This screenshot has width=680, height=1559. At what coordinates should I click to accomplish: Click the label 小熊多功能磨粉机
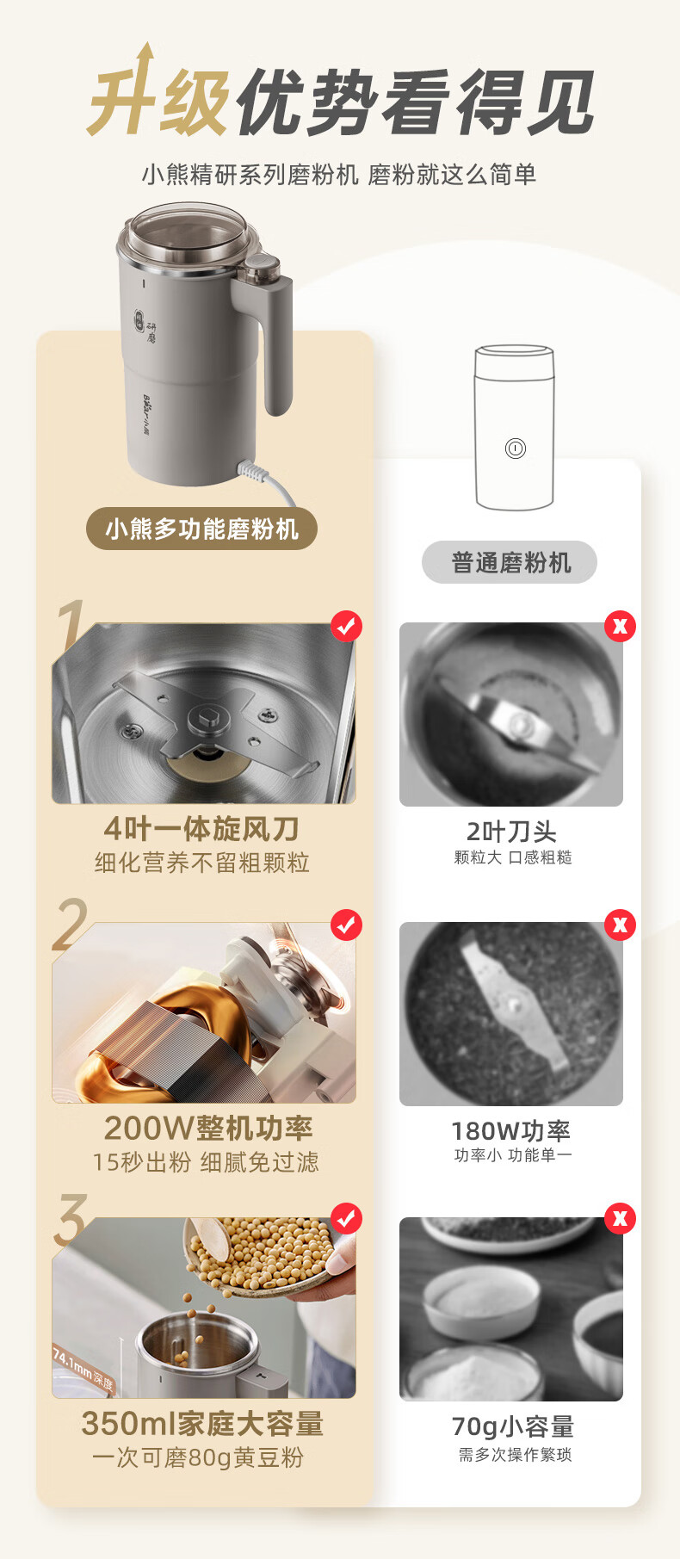click(x=201, y=529)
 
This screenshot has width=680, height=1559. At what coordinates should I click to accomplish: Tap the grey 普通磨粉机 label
click(x=510, y=563)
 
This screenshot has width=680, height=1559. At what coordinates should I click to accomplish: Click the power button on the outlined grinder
click(x=515, y=449)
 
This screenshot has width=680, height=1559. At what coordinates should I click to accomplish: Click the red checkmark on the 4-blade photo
click(x=346, y=627)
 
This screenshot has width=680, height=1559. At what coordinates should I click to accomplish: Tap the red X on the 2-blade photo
click(x=620, y=627)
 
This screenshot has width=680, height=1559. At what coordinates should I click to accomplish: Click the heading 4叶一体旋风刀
click(x=201, y=829)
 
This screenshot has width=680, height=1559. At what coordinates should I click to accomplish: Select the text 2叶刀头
click(x=511, y=832)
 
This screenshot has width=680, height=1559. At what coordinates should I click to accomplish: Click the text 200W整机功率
click(x=208, y=1128)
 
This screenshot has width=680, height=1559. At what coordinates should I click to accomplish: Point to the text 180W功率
click(x=511, y=1130)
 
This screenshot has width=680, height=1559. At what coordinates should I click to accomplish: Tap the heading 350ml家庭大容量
click(x=203, y=1423)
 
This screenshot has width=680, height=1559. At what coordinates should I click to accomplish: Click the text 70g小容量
click(x=513, y=1426)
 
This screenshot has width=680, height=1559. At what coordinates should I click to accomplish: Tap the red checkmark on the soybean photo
click(x=346, y=1219)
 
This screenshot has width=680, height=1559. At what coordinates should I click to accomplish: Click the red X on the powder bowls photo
click(x=620, y=1219)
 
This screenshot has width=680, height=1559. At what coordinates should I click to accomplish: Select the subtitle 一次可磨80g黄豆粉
click(x=198, y=1457)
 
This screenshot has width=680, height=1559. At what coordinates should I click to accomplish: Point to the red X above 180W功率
click(x=620, y=925)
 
